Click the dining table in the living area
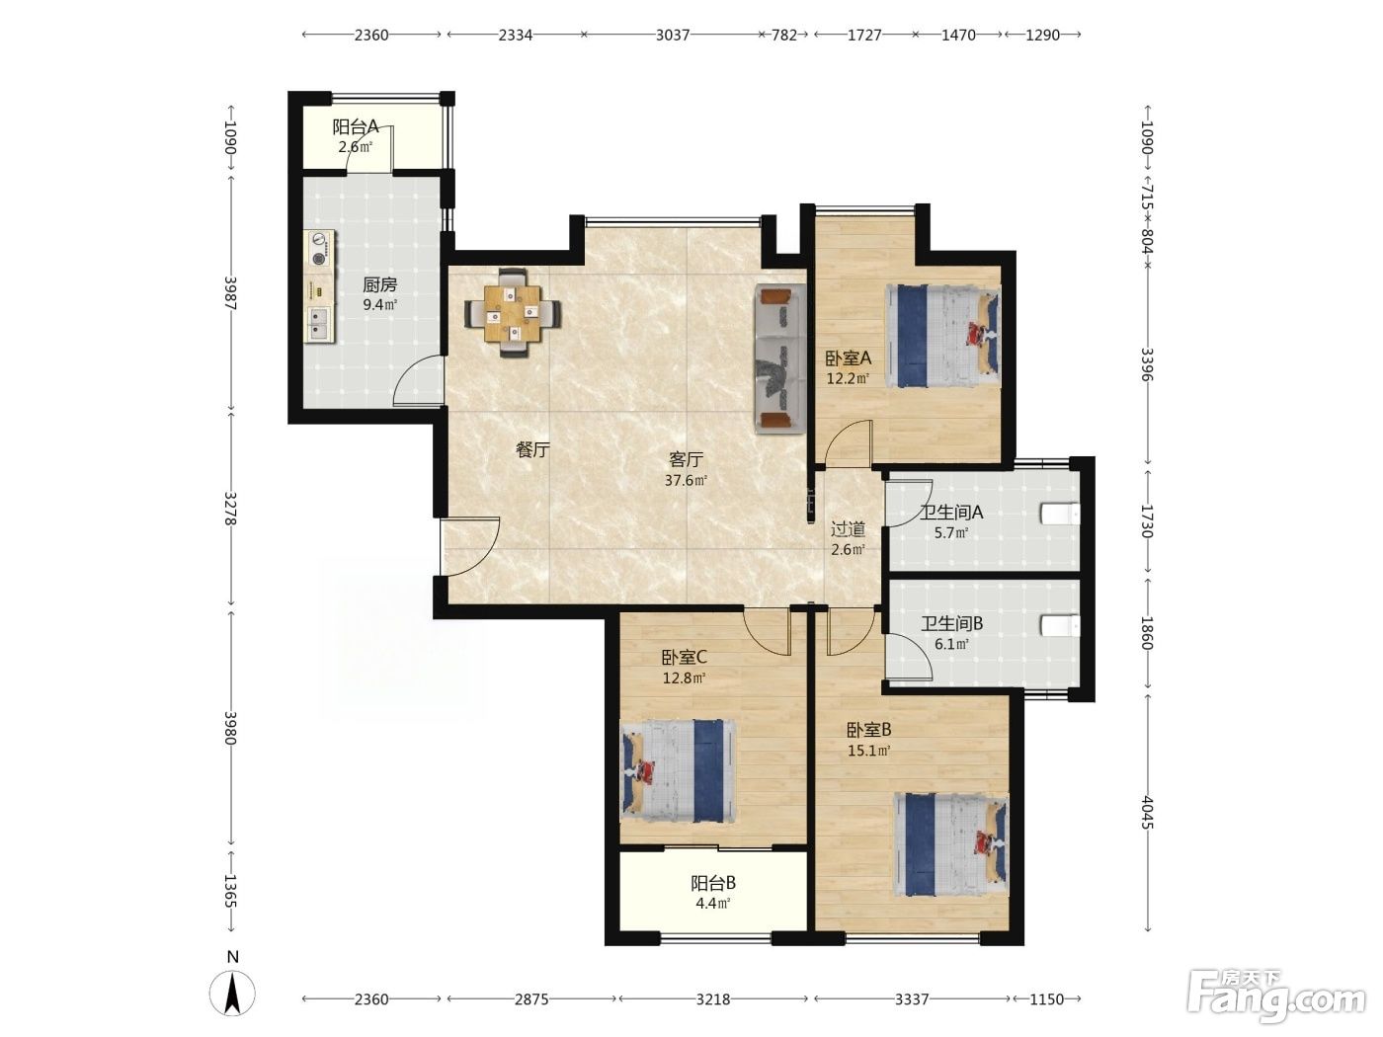tap(513, 313)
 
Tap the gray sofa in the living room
tap(780, 359)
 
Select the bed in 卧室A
tap(943, 336)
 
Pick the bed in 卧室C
tap(679, 770)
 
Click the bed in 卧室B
tap(951, 844)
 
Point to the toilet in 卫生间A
tap(1060, 514)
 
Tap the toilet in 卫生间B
tap(1060, 626)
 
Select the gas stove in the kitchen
tap(321, 249)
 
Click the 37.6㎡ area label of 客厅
tap(687, 481)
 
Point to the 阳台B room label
tap(712, 883)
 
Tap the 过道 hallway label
tap(848, 529)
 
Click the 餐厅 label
tap(533, 449)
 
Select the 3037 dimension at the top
tap(673, 35)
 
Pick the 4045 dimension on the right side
tap(1147, 812)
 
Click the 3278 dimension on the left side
tap(230, 508)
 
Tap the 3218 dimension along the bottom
tap(713, 999)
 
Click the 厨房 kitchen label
tap(380, 284)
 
